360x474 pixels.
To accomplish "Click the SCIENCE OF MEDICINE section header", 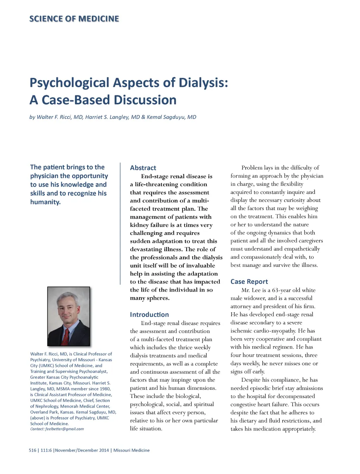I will pos(74,19).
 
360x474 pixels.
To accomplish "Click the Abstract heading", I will pos(143,168).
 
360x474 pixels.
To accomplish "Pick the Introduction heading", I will pos(149,314).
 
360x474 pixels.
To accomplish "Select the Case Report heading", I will pos(249,281).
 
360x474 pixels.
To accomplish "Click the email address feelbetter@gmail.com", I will pos(64,429).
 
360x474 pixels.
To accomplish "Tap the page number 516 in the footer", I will pos(32,450).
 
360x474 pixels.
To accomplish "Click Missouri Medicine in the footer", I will pos(131,450).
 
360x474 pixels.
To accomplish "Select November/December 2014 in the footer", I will pos(82,450).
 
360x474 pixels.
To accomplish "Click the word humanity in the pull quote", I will pos(45,202).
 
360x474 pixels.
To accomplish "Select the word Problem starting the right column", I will pos(253,168).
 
